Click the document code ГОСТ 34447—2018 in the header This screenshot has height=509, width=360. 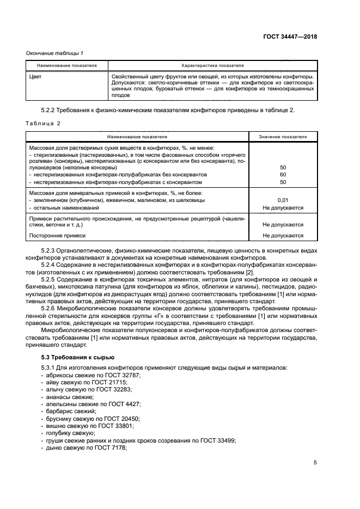click(x=291, y=36)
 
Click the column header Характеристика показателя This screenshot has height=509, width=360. click(x=212, y=65)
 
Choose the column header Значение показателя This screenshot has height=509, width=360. click(x=283, y=136)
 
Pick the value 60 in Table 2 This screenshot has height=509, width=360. click(x=283, y=175)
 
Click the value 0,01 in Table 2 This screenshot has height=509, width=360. click(x=283, y=200)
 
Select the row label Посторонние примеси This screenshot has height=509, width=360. click(x=57, y=236)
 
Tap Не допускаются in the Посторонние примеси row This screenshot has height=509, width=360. click(x=283, y=236)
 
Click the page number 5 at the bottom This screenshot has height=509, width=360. click(x=315, y=463)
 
